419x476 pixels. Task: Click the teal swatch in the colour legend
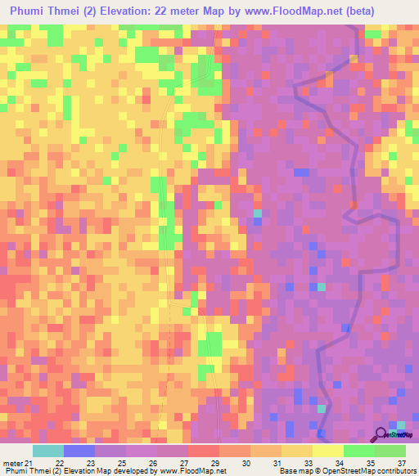[47, 451]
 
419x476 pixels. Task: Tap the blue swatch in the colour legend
[79, 451]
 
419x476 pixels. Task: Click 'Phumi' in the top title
[29, 11]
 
